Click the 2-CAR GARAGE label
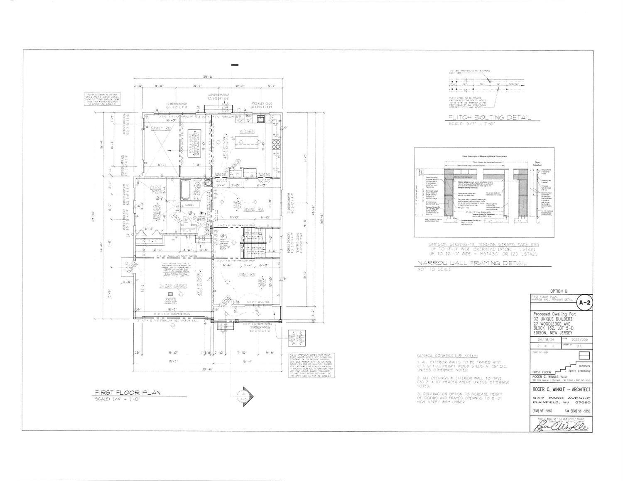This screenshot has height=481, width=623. pyautogui.click(x=174, y=286)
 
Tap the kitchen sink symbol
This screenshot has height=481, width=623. pyautogui.click(x=261, y=119)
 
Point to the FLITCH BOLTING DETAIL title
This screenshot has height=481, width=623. pyautogui.click(x=490, y=117)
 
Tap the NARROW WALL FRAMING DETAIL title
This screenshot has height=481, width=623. pyautogui.click(x=472, y=263)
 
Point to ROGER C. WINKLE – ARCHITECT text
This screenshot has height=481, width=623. pyautogui.click(x=561, y=389)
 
